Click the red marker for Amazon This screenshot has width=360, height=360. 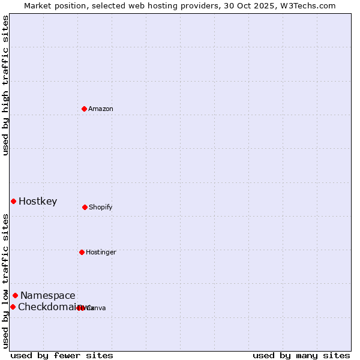tap(85, 109)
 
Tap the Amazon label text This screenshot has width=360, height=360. tap(100, 109)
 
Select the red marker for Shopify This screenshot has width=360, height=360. tap(85, 207)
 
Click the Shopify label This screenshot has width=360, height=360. tap(100, 207)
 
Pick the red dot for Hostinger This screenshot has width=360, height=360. tap(82, 252)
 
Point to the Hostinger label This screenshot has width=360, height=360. tap(101, 252)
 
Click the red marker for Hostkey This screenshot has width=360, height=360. tap(13, 201)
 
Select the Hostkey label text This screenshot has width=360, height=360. tap(38, 201)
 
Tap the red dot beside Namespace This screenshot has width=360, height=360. tap(15, 295)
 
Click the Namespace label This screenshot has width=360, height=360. tap(48, 295)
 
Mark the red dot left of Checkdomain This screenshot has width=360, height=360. tap(13, 307)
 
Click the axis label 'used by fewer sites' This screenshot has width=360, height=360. tap(62, 355)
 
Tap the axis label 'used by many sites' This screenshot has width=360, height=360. tap(301, 355)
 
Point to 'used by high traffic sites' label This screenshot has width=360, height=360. tap(5, 85)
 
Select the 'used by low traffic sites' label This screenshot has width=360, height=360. tap(5, 281)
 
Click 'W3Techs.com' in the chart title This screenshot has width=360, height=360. tap(310, 5)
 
